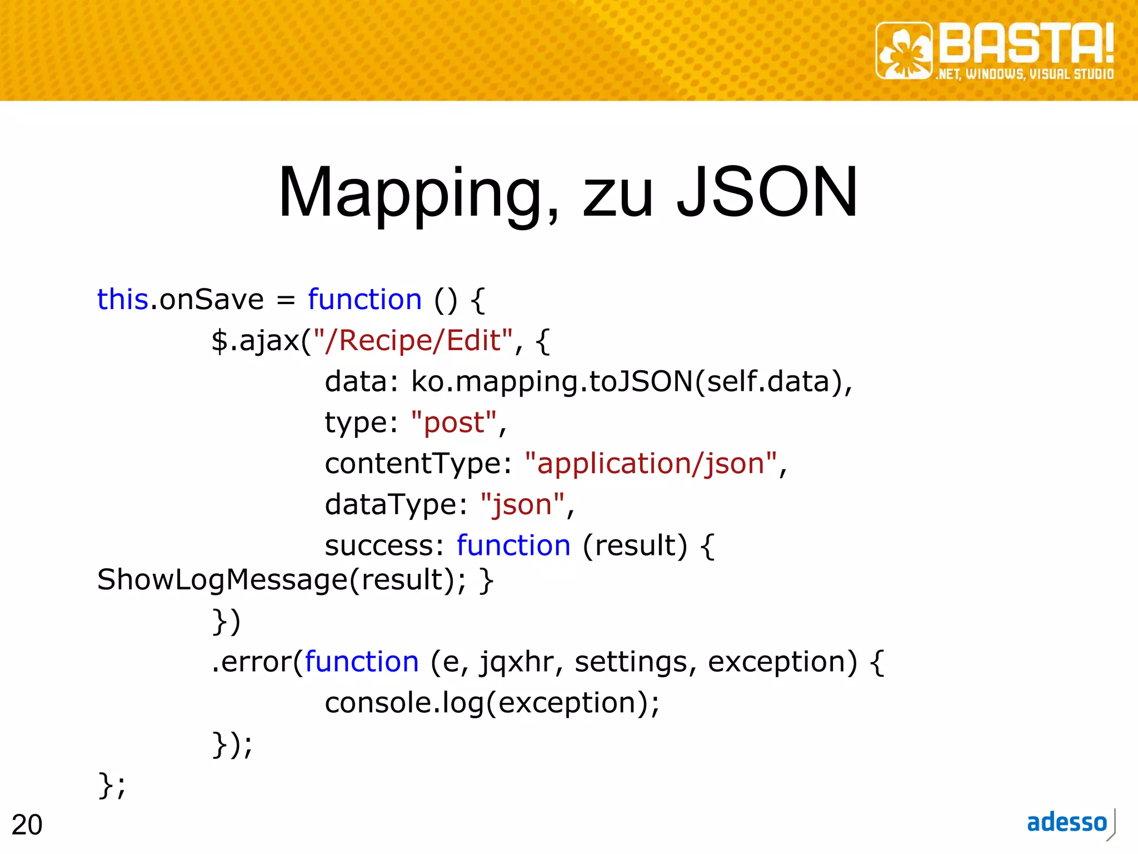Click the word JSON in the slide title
pos(767,192)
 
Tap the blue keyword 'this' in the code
pos(122,300)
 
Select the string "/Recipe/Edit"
pos(413,340)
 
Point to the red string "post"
pos(454,423)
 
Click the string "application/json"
pos(651,464)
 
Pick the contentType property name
pos(413,464)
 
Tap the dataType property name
pos(392,505)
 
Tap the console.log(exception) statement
pos(492,703)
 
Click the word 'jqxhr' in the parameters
pos(516,662)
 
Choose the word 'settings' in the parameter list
pos(631,662)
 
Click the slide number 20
pos(27,825)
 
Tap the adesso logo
pos(1067,823)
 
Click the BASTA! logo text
pos(1026,43)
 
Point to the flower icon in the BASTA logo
pos(904,51)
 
